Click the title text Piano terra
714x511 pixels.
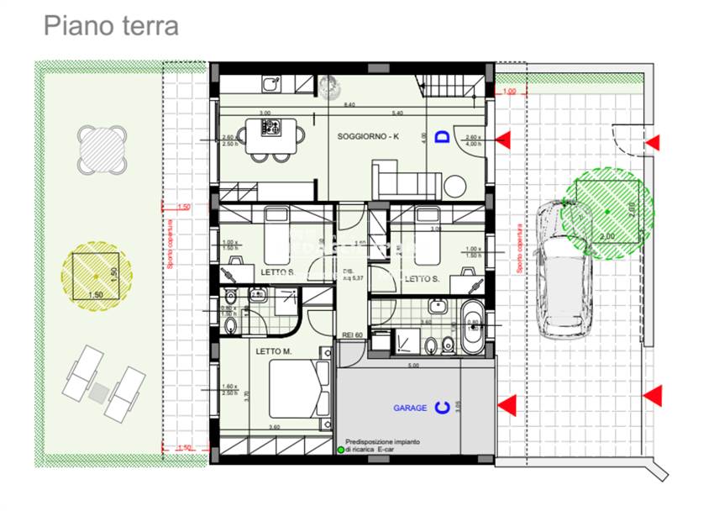click(111, 25)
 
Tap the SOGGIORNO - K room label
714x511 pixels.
click(369, 136)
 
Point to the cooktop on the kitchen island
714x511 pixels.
click(271, 129)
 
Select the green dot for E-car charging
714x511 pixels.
click(341, 450)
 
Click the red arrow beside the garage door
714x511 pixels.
click(506, 407)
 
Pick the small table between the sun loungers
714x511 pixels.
click(100, 392)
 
